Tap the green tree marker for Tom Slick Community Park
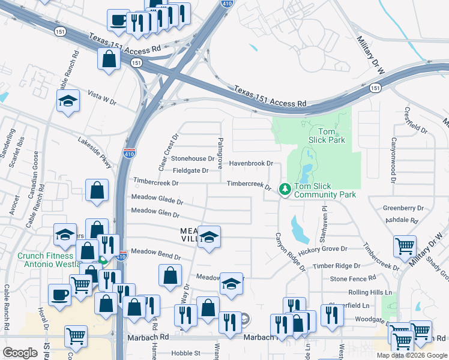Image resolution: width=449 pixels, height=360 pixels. pos(285,190)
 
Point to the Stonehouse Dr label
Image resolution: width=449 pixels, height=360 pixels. pos(192,159)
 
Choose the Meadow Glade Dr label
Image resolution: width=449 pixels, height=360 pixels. pos(157,199)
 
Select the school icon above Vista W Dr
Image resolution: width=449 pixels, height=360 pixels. pos(68,101)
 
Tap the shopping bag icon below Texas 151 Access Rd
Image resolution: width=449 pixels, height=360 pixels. pos(109,59)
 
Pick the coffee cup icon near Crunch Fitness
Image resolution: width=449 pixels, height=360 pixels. pos(60,295)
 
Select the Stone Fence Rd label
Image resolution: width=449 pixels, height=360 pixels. pos(353,279)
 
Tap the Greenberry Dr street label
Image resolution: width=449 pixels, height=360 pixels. pos(403,208)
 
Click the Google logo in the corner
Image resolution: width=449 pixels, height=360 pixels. pos(19,353)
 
